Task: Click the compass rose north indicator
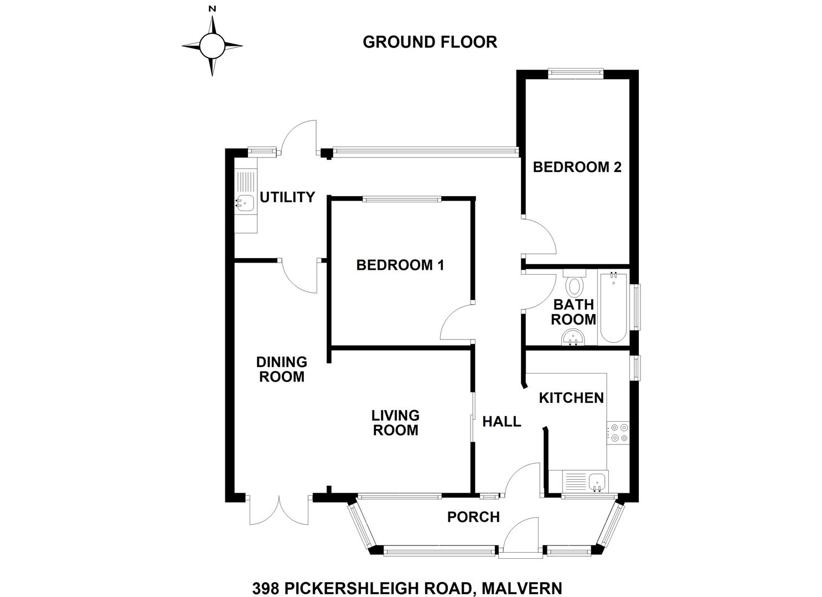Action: click(212, 9)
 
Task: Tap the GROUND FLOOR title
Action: click(430, 42)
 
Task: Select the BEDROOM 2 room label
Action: click(577, 167)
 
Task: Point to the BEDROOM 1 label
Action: click(400, 265)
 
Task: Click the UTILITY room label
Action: click(287, 197)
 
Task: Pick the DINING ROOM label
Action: click(281, 369)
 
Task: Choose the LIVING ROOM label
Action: click(396, 422)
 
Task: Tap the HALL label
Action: click(502, 421)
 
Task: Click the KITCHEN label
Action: click(571, 397)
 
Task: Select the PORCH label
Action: click(473, 517)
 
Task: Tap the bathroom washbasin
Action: click(573, 338)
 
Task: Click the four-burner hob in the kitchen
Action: click(619, 432)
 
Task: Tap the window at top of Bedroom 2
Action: click(576, 73)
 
